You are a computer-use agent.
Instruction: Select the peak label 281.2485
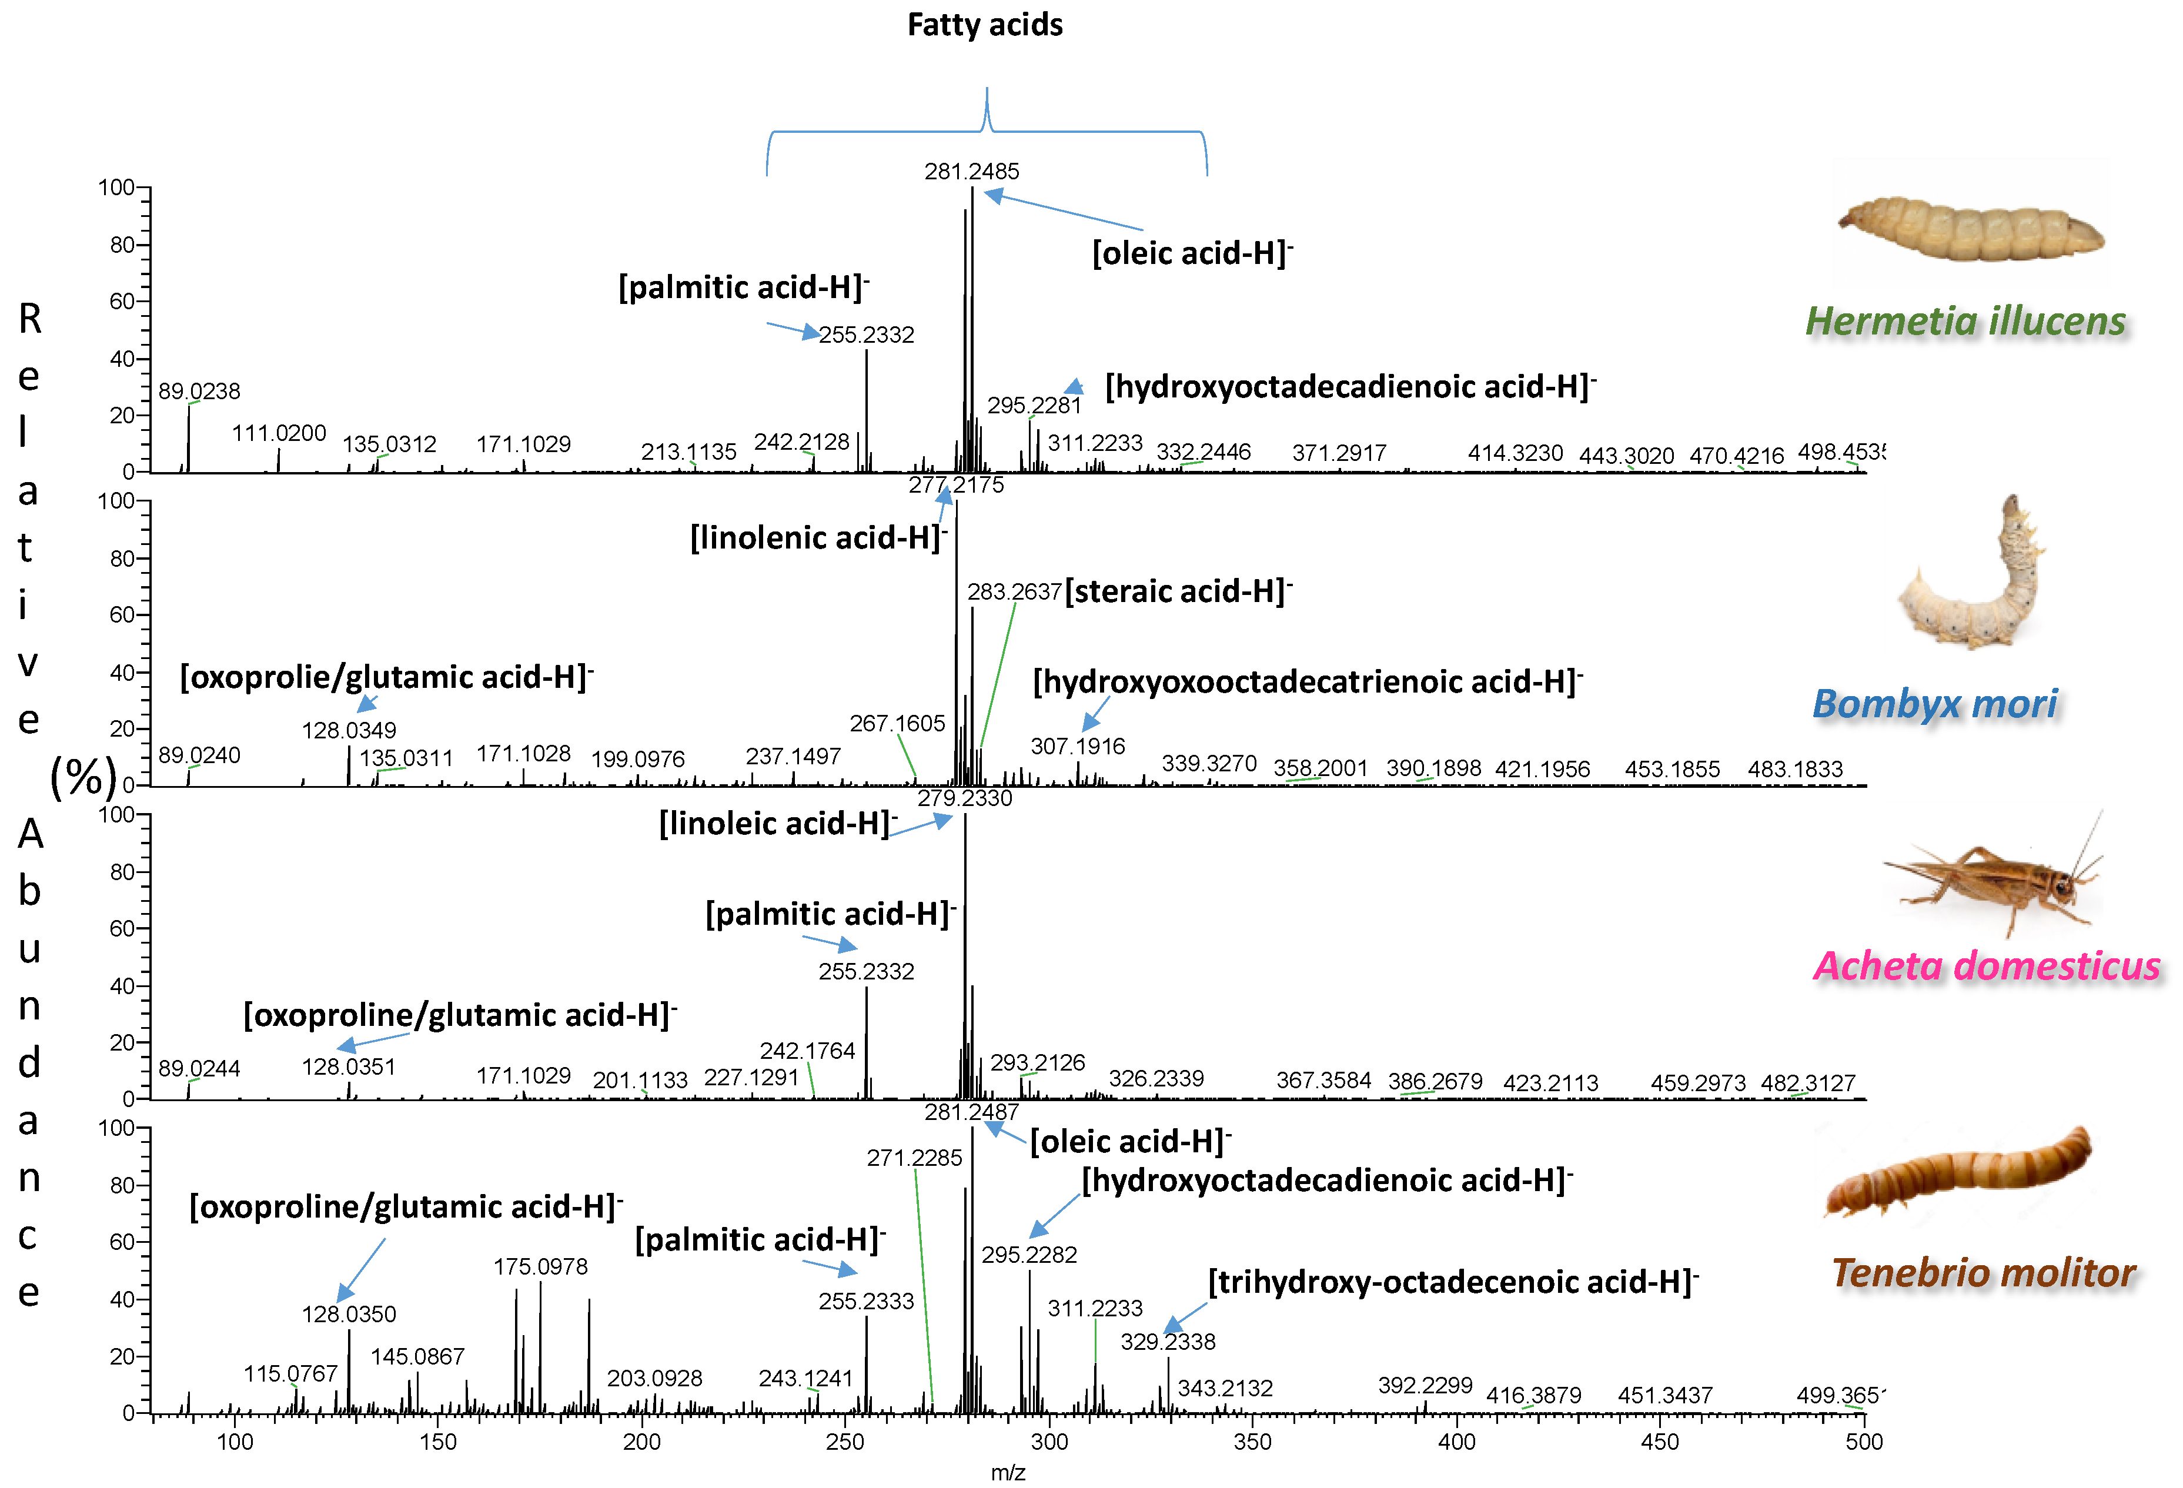[x=971, y=171]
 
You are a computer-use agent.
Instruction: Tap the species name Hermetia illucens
[x=1965, y=321]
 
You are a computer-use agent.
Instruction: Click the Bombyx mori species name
[x=1934, y=704]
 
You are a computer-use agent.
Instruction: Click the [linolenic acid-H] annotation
[x=817, y=539]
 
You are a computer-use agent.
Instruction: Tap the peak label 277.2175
[x=956, y=484]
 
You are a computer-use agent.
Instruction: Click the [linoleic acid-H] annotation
[x=777, y=824]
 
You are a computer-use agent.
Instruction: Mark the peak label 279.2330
[x=965, y=798]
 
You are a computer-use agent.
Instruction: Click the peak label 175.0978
[x=540, y=1266]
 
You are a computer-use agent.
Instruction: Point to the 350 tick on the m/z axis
[x=1252, y=1442]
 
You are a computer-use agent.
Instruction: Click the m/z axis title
[x=1008, y=1472]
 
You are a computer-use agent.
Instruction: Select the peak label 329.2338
[x=1168, y=1342]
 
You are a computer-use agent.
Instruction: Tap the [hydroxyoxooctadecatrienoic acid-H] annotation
[x=1306, y=682]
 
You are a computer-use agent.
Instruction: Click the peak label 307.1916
[x=1078, y=747]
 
